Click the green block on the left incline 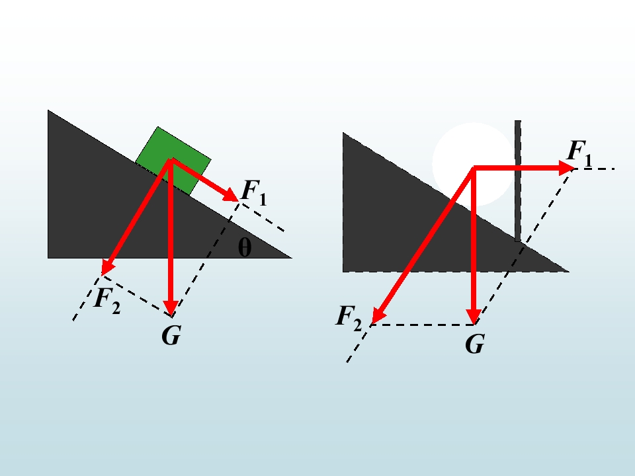coord(173,161)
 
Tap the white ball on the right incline coord(473,165)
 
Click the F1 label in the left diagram coord(254,192)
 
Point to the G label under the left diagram coord(171,336)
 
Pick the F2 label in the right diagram coord(349,319)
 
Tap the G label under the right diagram coord(475,344)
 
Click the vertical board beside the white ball coord(518,180)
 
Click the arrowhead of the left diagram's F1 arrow coord(232,194)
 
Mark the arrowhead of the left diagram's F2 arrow coord(107,268)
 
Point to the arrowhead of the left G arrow coord(171,307)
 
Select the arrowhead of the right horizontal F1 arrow coord(567,167)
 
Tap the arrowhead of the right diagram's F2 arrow coord(378,316)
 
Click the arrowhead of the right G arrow coord(474,317)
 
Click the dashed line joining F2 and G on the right coord(423,325)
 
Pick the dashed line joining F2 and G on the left coord(137,296)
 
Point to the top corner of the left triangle coord(48,110)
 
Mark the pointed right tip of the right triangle coord(569,272)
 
